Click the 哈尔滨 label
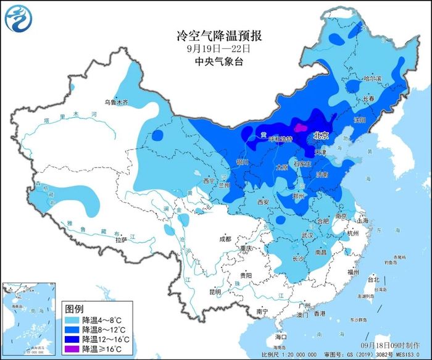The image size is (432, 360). click(373, 79)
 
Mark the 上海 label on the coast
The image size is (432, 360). click(362, 220)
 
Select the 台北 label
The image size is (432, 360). click(374, 279)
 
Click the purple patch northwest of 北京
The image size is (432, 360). click(300, 128)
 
